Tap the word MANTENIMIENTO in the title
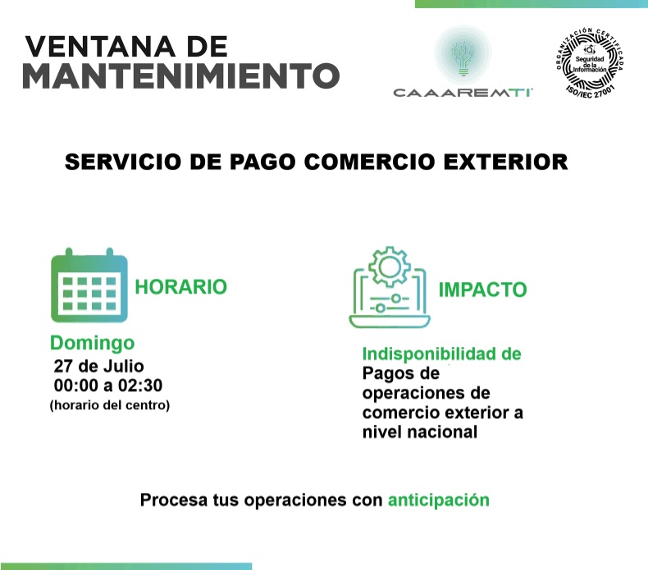coord(180,76)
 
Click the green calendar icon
coord(89,287)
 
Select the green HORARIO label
coord(180,287)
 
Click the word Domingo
coord(92,343)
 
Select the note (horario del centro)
coord(109,404)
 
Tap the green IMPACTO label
coord(482,290)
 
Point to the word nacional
coord(440,431)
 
